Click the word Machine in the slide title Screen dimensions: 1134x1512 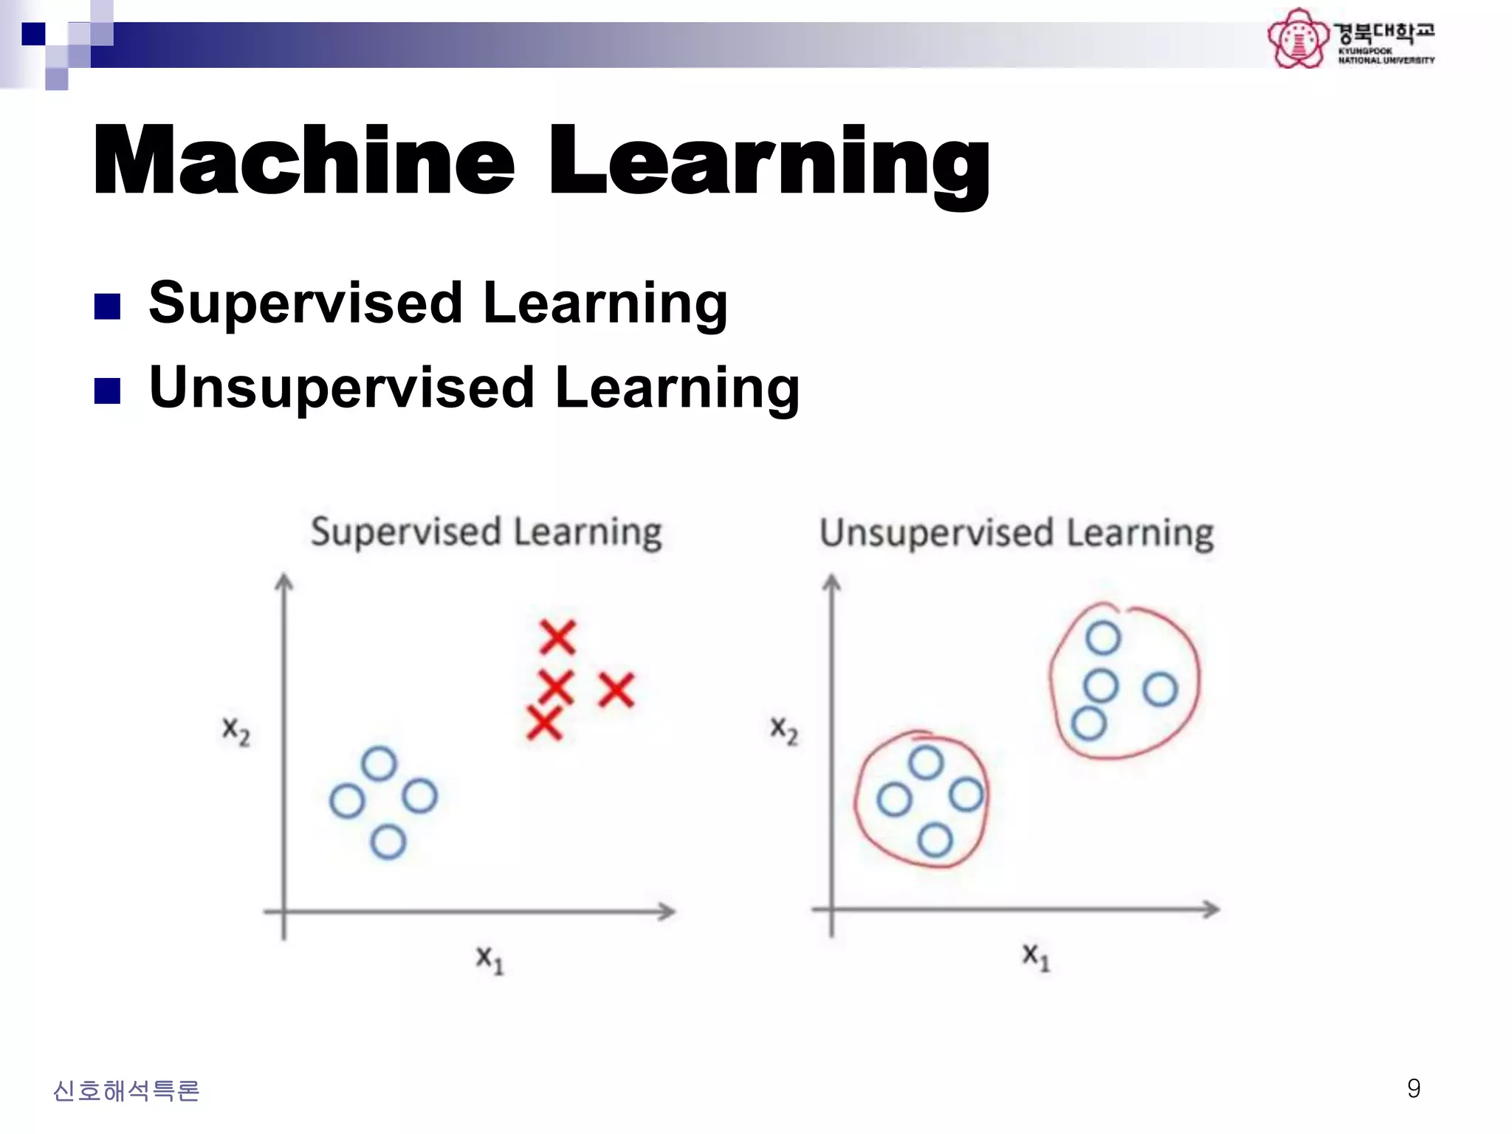tap(303, 160)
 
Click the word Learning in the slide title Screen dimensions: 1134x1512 tap(769, 162)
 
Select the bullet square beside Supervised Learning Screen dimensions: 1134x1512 tap(108, 306)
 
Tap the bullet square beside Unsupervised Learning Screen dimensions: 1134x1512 tap(108, 391)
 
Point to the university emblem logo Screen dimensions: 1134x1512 tap(1297, 38)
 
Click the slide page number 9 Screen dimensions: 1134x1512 tap(1413, 1088)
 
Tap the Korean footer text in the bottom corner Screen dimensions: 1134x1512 tap(126, 1090)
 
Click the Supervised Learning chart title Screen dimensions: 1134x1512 tap(486, 532)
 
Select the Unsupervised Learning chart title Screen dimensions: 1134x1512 tap(1017, 533)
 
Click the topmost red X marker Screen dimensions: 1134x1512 tap(557, 637)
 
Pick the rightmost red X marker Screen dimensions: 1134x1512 tap(616, 690)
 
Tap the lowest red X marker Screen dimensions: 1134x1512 tap(545, 722)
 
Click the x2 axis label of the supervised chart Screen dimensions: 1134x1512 tap(236, 730)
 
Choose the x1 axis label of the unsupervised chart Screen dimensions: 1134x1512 tap(1035, 956)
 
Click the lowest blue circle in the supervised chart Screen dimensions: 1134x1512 tap(388, 842)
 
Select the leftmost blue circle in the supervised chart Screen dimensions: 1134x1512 tap(347, 800)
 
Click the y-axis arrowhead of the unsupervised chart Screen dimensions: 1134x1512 tap(832, 583)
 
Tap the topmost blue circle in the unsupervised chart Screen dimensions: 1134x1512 tap(1103, 638)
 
